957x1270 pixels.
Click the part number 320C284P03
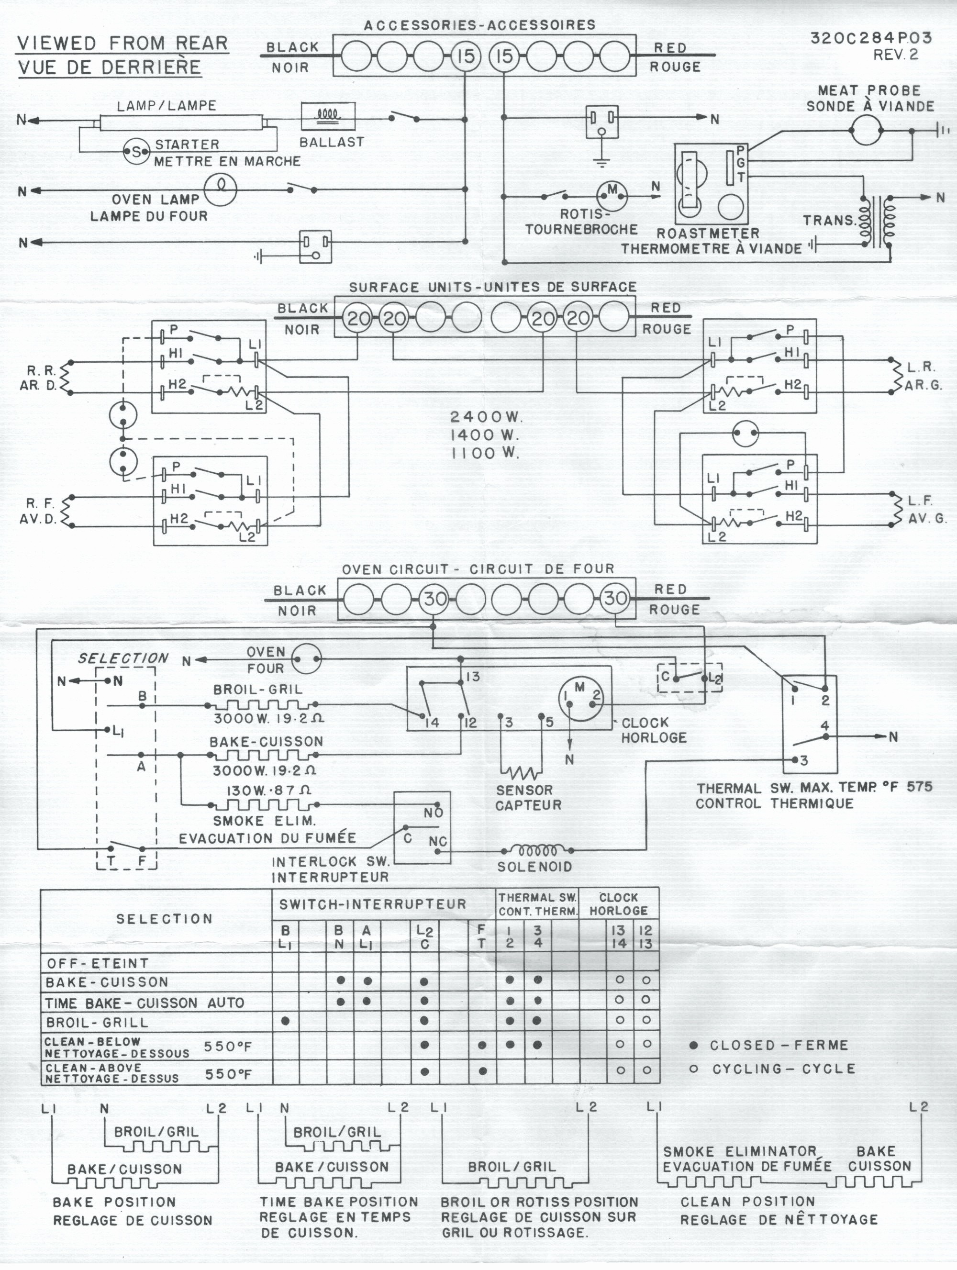tap(871, 38)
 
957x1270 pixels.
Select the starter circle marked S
tap(136, 152)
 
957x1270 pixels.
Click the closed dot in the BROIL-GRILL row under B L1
tap(285, 1021)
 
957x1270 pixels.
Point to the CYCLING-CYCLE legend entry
tap(773, 1069)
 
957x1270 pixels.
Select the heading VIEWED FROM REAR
tap(123, 43)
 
